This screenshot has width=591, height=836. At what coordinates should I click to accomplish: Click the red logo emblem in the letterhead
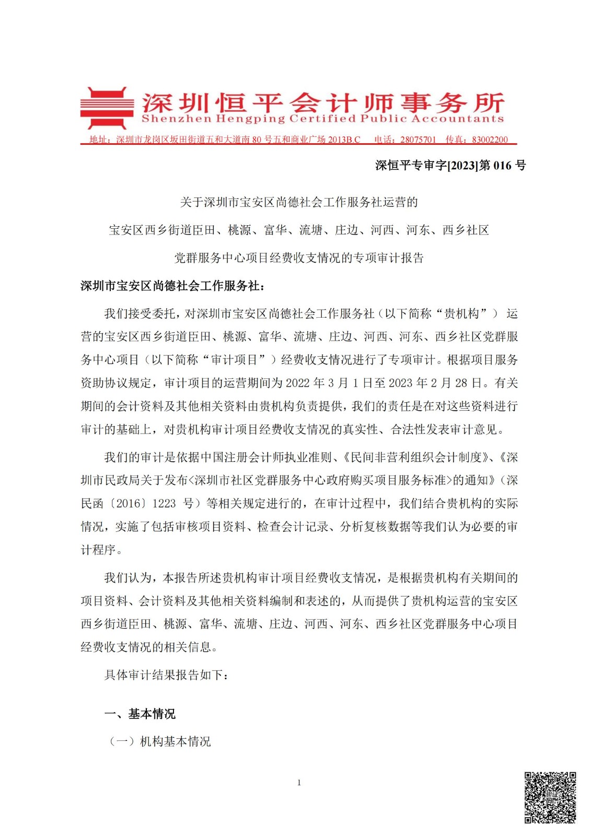pyautogui.click(x=104, y=108)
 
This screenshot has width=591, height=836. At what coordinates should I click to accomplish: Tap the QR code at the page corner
pyautogui.click(x=550, y=797)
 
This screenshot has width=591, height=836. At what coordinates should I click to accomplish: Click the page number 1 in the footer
pyautogui.click(x=299, y=782)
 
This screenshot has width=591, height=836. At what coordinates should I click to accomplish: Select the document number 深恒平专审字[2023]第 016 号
pyautogui.click(x=450, y=166)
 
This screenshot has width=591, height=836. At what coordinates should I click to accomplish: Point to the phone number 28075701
pyautogui.click(x=418, y=140)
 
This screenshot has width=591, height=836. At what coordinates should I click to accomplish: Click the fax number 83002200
pyautogui.click(x=490, y=140)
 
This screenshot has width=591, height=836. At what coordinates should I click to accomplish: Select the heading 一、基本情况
pyautogui.click(x=140, y=714)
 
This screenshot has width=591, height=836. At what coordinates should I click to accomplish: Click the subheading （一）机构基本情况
pyautogui.click(x=159, y=741)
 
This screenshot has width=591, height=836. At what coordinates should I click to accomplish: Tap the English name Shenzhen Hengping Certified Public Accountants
pyautogui.click(x=322, y=119)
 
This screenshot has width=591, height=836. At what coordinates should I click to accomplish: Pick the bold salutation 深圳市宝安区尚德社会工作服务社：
pyautogui.click(x=172, y=286)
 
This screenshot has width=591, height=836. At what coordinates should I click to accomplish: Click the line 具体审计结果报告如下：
pyautogui.click(x=166, y=675)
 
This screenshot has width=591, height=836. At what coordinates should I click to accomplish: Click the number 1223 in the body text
pyautogui.click(x=164, y=503)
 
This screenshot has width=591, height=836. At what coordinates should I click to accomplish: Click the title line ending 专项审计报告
pyautogui.click(x=298, y=258)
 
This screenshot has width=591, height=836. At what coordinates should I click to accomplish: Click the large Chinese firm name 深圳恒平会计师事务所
pyautogui.click(x=322, y=102)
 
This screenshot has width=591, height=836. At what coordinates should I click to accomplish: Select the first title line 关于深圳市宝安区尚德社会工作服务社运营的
pyautogui.click(x=298, y=202)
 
